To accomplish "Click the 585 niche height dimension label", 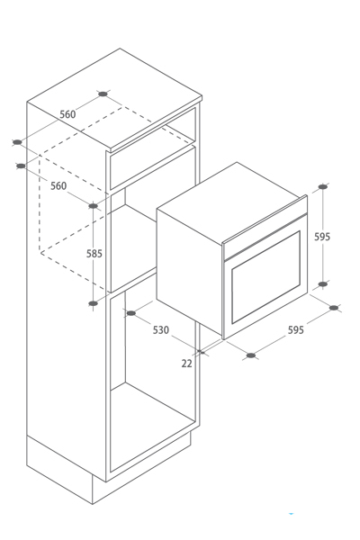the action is click(x=94, y=254).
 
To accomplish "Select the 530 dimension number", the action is click(x=161, y=330).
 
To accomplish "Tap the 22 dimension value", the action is click(x=186, y=364).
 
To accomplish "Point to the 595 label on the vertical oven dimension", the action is click(x=322, y=237).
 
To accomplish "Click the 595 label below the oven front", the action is click(x=296, y=330).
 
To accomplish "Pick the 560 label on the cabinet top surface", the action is click(x=67, y=114).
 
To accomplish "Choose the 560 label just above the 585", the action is click(x=58, y=186).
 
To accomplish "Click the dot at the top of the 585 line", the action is click(x=94, y=206).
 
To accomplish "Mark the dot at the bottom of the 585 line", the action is click(x=94, y=303).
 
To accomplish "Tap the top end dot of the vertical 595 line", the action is click(x=323, y=186).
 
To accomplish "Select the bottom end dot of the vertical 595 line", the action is click(x=323, y=284).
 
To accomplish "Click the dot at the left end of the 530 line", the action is click(x=131, y=313).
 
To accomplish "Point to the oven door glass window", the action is click(x=266, y=277).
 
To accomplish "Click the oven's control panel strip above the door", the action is click(x=265, y=238).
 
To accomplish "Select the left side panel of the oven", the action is click(x=190, y=272).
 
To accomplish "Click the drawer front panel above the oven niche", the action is click(x=153, y=167).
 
